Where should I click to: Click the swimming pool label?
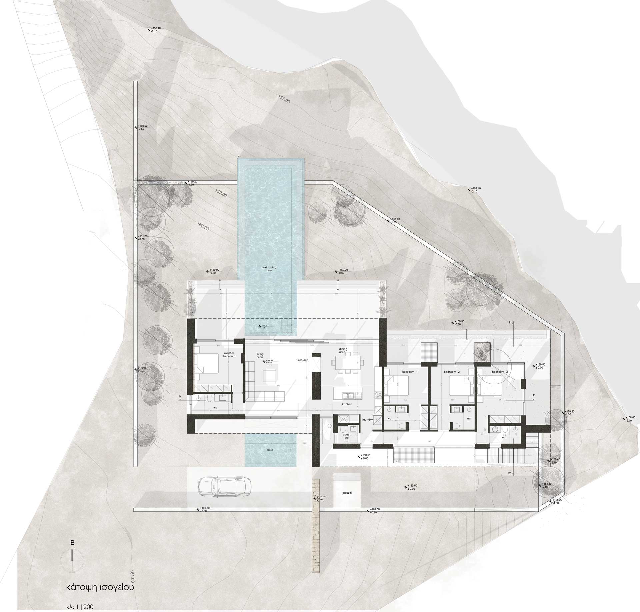click(269, 269)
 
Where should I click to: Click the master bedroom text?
click(229, 354)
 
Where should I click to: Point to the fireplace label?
click(303, 360)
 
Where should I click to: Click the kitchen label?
click(347, 404)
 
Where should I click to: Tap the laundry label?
click(367, 420)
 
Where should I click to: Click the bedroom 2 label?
click(452, 371)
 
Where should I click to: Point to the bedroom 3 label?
click(500, 371)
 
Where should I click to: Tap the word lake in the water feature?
click(270, 450)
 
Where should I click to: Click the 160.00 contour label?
click(203, 227)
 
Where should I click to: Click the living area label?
click(260, 356)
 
